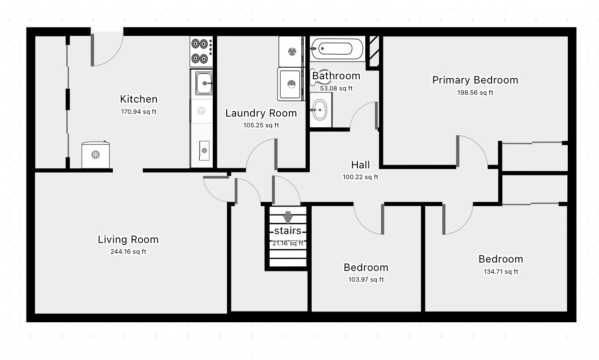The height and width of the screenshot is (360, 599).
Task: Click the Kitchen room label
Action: pyautogui.click(x=139, y=99)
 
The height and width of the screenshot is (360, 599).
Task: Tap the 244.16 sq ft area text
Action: pyautogui.click(x=128, y=251)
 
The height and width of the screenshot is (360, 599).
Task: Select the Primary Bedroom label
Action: pyautogui.click(x=475, y=80)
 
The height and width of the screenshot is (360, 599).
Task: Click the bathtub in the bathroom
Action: pyautogui.click(x=337, y=48)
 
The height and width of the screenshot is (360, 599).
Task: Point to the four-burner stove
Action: pyautogui.click(x=202, y=51)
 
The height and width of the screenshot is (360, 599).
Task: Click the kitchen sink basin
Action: pyautogui.click(x=204, y=83)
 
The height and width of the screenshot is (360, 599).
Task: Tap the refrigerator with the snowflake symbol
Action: pyautogui.click(x=96, y=155)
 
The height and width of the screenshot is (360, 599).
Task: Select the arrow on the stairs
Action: pyautogui.click(x=288, y=217)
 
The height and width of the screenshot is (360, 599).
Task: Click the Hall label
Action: pyautogui.click(x=361, y=165)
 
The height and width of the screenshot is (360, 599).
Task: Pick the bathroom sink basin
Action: pyautogui.click(x=320, y=110)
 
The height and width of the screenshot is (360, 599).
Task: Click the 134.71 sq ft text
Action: pyautogui.click(x=501, y=271)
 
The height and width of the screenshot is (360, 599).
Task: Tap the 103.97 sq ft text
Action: pyautogui.click(x=366, y=279)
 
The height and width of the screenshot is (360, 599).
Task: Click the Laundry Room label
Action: pyautogui.click(x=261, y=113)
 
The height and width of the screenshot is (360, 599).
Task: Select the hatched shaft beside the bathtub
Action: pyautogui.click(x=374, y=51)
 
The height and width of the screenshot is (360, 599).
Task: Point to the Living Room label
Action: pyautogui.click(x=128, y=240)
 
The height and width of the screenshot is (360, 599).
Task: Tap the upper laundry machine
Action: pyautogui.click(x=292, y=52)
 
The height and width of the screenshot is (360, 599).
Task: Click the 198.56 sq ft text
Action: pyautogui.click(x=475, y=92)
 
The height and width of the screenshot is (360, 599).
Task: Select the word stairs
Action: pyautogui.click(x=288, y=231)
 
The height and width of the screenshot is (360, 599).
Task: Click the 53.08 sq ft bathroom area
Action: pyautogui.click(x=336, y=89)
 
